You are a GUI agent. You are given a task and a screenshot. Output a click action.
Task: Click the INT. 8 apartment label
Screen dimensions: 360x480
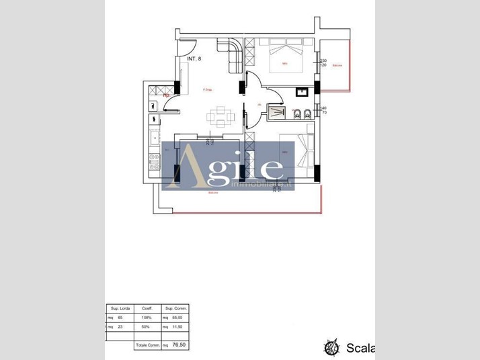pyautogui.click(x=194, y=59)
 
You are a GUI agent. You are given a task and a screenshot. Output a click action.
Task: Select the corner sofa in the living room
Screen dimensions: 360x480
pyautogui.click(x=232, y=53)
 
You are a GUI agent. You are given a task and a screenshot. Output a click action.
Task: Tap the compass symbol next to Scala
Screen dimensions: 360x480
pyautogui.click(x=331, y=348)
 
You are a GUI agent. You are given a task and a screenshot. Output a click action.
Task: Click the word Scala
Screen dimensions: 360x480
pyautogui.click(x=360, y=348)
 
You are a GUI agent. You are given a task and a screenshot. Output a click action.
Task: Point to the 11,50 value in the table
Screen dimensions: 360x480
pyautogui.click(x=178, y=327)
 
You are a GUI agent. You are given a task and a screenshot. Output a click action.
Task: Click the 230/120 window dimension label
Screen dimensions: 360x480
pyautogui.click(x=323, y=63)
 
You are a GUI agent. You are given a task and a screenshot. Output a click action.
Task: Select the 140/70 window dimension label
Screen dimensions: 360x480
pyautogui.click(x=323, y=110)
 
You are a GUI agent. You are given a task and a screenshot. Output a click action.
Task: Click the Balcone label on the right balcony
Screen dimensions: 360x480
pyautogui.click(x=337, y=65)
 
